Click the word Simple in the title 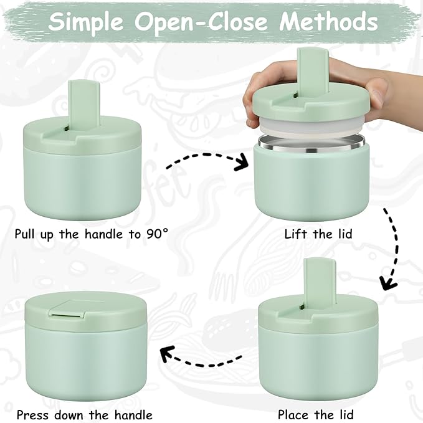88,22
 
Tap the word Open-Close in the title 201,22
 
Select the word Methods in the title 328,22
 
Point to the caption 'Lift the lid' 318,234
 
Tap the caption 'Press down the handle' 84,414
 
